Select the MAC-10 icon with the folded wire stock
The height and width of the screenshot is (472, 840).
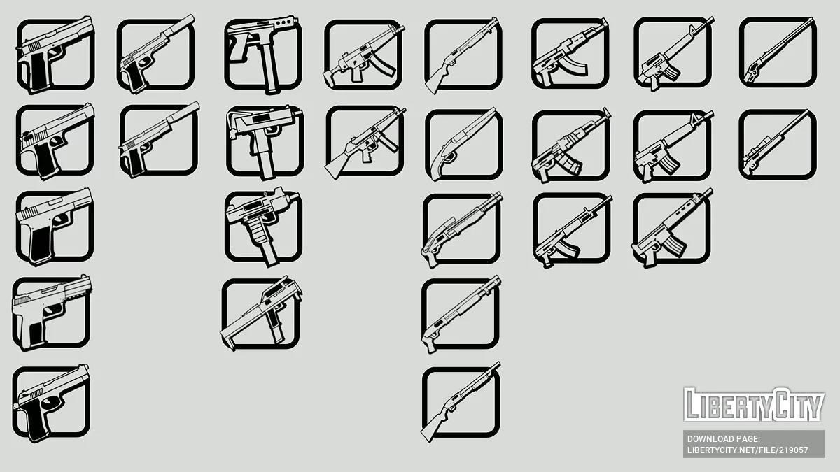coord(264,139)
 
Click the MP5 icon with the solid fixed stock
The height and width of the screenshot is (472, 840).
coord(363,141)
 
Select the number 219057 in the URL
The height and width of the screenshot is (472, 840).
coord(792,450)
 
